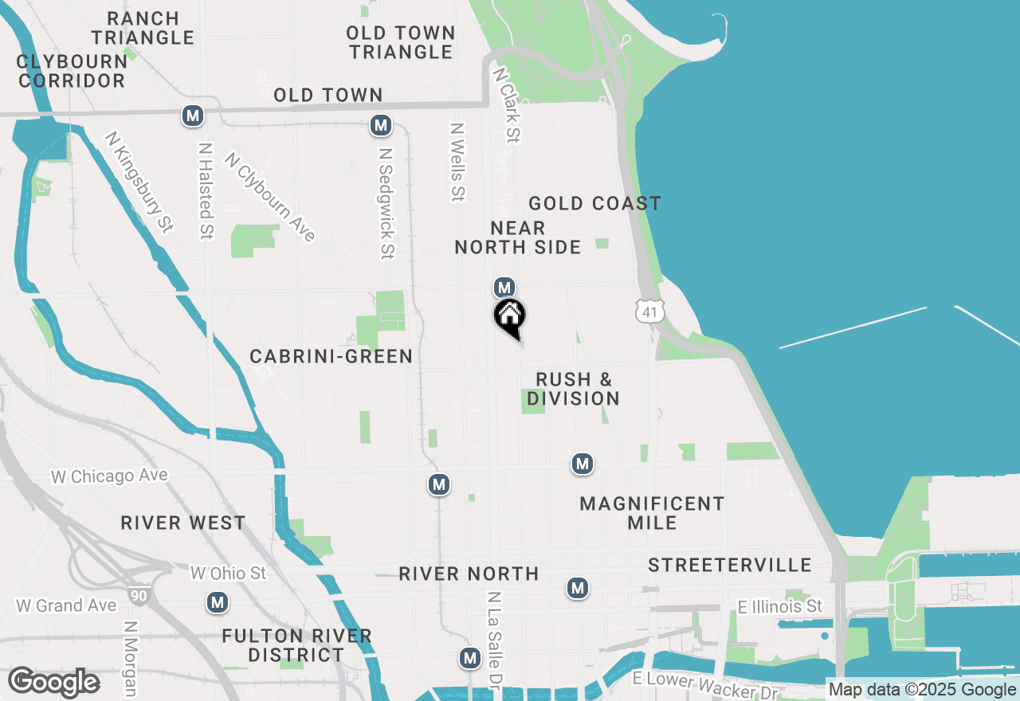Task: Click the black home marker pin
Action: click(510, 317)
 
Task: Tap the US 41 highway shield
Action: click(650, 311)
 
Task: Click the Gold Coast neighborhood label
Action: click(594, 204)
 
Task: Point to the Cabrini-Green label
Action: click(331, 357)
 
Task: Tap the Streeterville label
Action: click(729, 566)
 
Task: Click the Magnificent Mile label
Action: click(652, 513)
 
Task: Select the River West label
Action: click(183, 523)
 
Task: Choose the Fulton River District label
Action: click(296, 645)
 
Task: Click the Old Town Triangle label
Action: click(402, 42)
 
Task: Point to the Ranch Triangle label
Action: click(143, 28)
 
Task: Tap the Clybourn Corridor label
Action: click(72, 71)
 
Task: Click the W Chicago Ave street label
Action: click(110, 476)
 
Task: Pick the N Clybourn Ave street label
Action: click(271, 197)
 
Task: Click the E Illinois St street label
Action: click(779, 607)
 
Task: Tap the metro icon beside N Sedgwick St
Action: click(381, 125)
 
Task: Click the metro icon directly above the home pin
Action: click(504, 287)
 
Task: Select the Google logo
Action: click(53, 683)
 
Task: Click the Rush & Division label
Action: click(573, 389)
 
